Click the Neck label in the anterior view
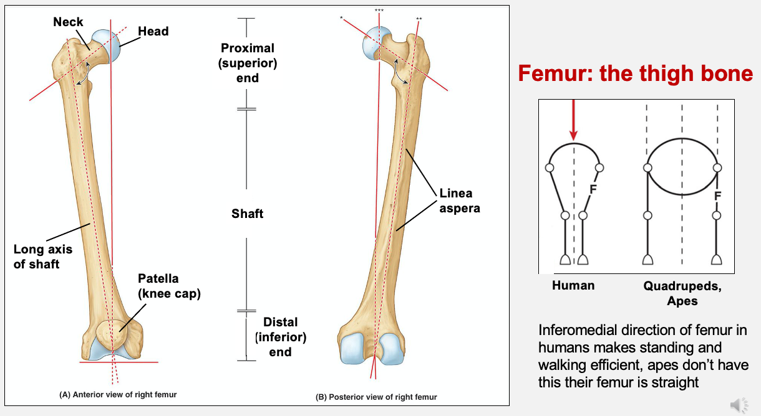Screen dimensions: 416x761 click(x=68, y=22)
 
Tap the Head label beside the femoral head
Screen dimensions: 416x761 click(x=153, y=31)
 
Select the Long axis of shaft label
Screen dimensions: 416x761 click(x=43, y=257)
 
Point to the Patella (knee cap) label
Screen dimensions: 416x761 click(x=169, y=286)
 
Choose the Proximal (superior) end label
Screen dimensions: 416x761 click(x=248, y=63)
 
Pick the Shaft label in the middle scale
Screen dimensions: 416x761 click(x=247, y=214)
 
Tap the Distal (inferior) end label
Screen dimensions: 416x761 click(x=280, y=337)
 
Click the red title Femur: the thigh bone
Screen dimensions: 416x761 click(x=636, y=73)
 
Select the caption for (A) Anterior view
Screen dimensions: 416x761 click(x=118, y=395)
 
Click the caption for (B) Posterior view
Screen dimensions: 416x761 click(x=377, y=397)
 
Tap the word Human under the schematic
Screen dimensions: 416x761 click(x=573, y=285)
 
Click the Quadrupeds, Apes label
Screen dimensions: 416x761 click(x=682, y=293)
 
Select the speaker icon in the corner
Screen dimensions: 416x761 click(x=739, y=405)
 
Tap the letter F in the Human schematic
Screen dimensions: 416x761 click(x=594, y=187)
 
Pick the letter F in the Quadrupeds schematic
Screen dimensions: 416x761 click(x=717, y=196)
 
